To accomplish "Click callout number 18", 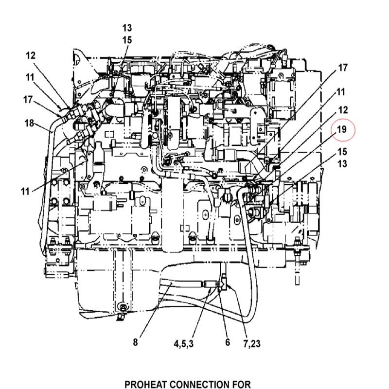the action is coord(29,123).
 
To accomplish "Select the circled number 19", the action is coord(343,130).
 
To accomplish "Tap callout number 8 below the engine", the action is coord(135,342).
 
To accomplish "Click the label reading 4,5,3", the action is coord(184,344).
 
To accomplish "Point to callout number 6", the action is coord(228,342).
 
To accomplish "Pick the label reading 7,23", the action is coord(252,344).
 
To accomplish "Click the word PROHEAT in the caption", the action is coord(147,385).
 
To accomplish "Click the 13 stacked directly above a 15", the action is coord(127,28).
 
